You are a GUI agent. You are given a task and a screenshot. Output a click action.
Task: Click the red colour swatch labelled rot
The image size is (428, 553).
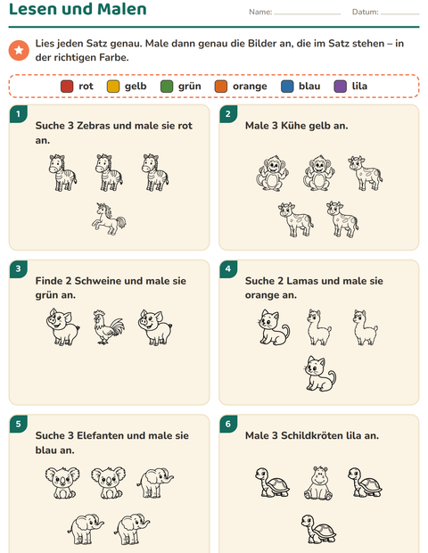pos(67,86)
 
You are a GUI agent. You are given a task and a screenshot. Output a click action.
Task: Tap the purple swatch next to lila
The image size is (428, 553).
pos(341,86)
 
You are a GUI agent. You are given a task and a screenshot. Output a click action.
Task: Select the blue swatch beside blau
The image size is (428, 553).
pos(287,86)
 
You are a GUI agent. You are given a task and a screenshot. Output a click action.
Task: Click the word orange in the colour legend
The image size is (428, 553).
pos(250,87)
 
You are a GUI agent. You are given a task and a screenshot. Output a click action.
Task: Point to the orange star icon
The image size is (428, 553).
pos(19,50)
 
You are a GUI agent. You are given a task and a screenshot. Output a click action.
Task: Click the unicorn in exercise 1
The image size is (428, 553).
pos(109,219)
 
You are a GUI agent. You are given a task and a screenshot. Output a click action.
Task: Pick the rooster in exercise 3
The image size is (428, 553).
pos(109,327)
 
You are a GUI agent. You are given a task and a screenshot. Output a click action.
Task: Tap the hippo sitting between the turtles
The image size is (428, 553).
pos(318,483)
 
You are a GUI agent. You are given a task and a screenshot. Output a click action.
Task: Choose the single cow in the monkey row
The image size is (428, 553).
pos(366,173)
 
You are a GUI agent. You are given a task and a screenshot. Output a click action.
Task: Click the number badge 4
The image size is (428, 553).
pos(228,268)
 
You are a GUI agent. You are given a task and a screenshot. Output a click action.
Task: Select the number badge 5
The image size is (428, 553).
pos(19,424)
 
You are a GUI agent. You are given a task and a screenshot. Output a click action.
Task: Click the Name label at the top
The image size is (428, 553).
pos(260,12)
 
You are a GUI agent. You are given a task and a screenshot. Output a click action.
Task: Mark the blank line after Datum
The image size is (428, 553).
pos(399,14)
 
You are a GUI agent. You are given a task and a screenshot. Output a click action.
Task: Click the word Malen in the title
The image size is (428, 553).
pos(122,9)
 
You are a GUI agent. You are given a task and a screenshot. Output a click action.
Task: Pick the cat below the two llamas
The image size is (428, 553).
pos(320,374)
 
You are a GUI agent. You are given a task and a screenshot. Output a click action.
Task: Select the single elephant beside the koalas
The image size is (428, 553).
pos(155,483)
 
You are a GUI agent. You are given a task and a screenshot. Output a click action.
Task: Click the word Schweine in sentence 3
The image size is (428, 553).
pos(98,281)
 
